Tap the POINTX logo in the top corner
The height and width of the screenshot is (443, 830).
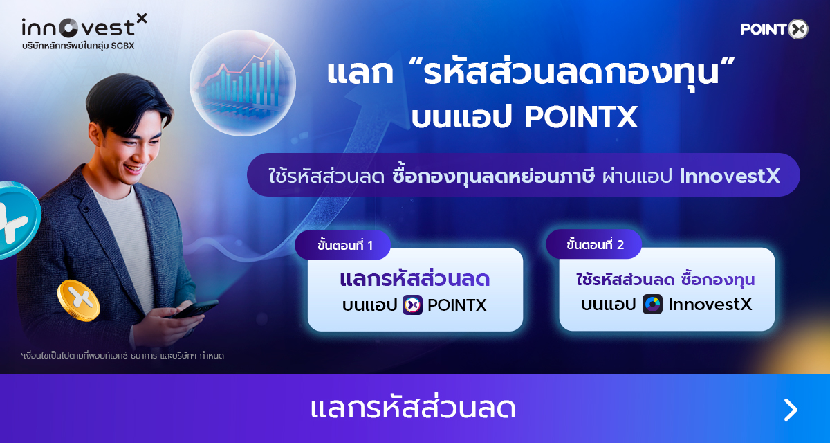point(774,29)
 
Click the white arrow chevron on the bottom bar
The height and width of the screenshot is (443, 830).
point(791,410)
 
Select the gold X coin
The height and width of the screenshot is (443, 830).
point(79,300)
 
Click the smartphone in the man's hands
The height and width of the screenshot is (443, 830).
point(195,309)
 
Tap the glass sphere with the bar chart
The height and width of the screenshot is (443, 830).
point(243,83)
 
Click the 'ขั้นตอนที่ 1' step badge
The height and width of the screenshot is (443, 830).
point(343,245)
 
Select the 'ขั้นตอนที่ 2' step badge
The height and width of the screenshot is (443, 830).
point(594,244)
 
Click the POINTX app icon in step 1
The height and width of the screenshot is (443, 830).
point(412,305)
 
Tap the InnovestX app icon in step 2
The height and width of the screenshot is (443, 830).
point(652,304)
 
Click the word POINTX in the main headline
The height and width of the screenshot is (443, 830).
point(581,117)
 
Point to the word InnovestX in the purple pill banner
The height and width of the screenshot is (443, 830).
point(730,176)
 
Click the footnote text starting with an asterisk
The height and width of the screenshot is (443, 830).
point(122,356)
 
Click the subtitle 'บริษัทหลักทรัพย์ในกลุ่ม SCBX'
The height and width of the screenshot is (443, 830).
point(78,46)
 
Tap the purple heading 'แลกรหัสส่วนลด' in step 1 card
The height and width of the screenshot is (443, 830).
point(415,279)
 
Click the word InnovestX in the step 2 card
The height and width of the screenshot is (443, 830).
point(710,305)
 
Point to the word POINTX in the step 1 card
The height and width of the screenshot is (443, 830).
point(457,305)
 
